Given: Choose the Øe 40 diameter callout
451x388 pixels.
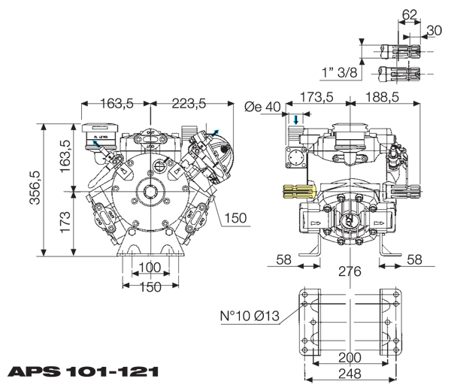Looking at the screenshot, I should coord(262,107).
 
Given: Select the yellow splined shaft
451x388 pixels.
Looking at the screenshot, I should coord(298,192).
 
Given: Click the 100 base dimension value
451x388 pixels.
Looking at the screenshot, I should coord(150,268).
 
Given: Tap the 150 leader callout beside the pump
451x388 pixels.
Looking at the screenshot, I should coord(235,219).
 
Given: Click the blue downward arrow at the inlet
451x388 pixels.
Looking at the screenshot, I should coord(296,120).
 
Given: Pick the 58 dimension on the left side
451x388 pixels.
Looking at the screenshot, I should coord(283,259).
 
